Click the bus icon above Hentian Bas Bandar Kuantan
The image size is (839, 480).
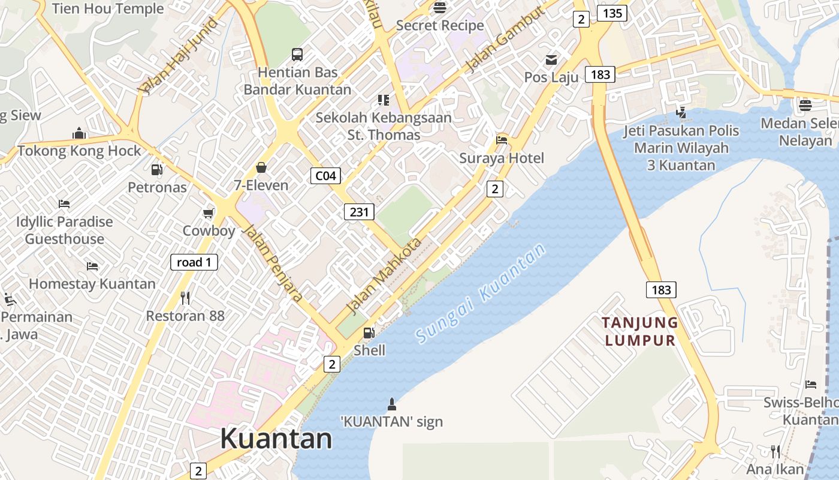coord(297,55)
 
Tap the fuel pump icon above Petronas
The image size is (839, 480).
coord(157,170)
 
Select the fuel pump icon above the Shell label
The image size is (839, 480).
coord(369,332)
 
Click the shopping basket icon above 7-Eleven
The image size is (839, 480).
coord(261,167)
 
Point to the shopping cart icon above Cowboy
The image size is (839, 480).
coord(209,213)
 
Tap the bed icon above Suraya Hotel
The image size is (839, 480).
coord(502,140)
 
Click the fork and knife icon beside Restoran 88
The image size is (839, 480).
coord(185,298)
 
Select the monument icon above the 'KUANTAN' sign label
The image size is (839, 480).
coord(392,403)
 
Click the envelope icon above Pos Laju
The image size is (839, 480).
coord(551,60)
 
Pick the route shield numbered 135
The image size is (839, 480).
coord(612,13)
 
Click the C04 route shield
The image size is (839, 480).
coord(325,176)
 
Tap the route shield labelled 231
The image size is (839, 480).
coord(359,211)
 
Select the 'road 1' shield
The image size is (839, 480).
coord(194,262)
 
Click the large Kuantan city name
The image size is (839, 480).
coord(276,439)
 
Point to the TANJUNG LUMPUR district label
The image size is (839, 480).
coord(640,332)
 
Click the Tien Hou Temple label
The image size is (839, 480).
coord(108,8)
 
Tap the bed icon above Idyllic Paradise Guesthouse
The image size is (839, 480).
coord(64,204)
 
